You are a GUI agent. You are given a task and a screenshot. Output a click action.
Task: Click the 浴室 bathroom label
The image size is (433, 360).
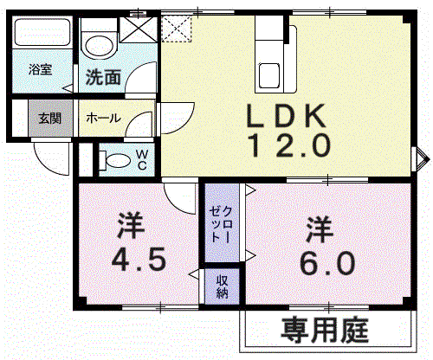[41, 69]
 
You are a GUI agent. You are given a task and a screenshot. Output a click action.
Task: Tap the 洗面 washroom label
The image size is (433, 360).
[103, 77]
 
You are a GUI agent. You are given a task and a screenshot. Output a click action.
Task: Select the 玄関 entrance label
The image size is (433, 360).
[50, 119]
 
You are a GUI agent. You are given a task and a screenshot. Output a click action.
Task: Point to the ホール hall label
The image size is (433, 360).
[103, 118]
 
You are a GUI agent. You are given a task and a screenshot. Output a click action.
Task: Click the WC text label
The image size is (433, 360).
[142, 160]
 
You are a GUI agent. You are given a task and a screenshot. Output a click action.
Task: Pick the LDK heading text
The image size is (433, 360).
[286, 116]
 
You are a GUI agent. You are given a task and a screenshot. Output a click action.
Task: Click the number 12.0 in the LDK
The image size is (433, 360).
[290, 145]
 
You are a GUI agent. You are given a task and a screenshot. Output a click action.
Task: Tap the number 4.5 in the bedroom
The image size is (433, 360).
[139, 260]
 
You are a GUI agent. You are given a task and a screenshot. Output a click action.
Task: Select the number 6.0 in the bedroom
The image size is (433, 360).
[327, 263]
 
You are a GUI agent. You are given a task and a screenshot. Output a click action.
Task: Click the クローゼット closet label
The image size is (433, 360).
[221, 224]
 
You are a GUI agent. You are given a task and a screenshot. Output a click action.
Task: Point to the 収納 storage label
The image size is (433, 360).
[223, 286]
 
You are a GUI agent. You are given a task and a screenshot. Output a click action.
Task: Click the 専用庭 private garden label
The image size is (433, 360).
[325, 330]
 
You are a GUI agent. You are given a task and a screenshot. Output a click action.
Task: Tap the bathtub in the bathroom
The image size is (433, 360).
[42, 32]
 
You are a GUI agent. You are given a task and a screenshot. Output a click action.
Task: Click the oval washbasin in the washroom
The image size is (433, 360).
[100, 46]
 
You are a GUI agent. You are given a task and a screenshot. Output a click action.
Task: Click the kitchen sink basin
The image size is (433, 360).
[269, 76]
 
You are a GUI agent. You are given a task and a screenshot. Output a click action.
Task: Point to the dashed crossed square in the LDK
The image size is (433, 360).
[177, 29]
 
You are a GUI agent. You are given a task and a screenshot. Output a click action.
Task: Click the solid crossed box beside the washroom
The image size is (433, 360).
[139, 29]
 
